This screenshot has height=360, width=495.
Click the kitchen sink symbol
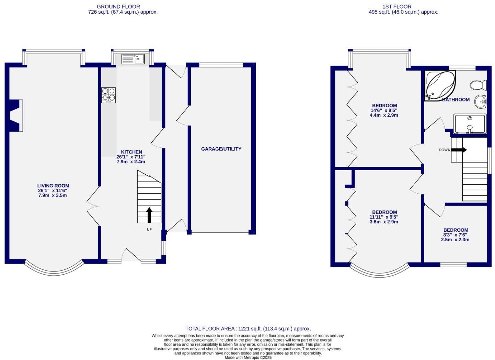(133, 59)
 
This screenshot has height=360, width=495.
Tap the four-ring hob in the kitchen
(108, 95)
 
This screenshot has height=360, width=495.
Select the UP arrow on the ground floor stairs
(149, 215)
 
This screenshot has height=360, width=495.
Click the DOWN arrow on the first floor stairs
(459, 150)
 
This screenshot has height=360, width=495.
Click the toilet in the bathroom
(479, 85)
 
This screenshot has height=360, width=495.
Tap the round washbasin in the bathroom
(481, 101)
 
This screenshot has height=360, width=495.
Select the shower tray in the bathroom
(470, 124)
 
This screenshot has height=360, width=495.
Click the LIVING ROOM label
(53, 186)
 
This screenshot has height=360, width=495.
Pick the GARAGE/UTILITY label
(221, 149)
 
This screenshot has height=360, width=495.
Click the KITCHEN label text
(131, 152)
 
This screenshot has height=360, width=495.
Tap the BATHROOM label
(456, 100)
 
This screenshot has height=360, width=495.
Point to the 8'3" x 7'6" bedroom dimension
(456, 235)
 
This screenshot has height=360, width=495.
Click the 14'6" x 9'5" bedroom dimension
(384, 111)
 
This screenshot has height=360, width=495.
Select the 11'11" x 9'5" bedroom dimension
(384, 217)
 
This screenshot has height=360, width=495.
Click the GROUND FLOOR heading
(118, 7)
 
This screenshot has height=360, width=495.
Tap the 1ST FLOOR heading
(397, 7)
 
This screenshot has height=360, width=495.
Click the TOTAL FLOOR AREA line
(248, 328)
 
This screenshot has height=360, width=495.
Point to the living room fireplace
(15, 115)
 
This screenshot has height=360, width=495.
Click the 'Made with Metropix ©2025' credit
(248, 357)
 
